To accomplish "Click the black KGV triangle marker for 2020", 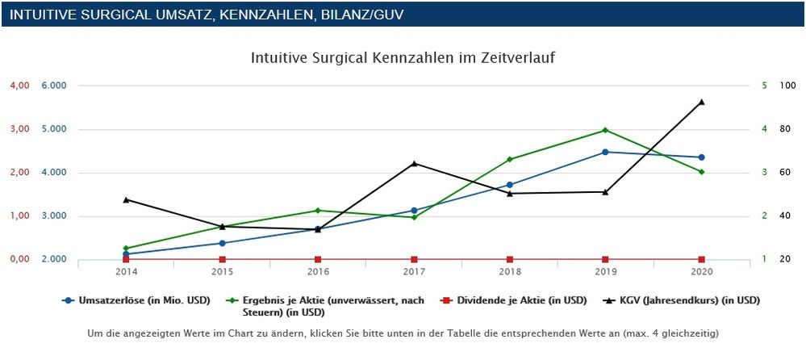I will (701, 102).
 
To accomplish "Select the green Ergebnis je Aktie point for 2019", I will (605, 130).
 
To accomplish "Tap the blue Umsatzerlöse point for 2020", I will (701, 157).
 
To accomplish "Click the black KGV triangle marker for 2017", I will (414, 164).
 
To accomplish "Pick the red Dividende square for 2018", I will (510, 259).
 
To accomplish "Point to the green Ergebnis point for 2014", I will (126, 248).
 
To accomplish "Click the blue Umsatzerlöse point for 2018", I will (510, 185).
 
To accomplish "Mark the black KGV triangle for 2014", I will (126, 199).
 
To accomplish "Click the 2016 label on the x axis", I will (318, 272).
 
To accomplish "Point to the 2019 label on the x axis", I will (605, 272).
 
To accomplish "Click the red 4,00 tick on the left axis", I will (19, 86).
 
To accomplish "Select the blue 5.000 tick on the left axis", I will (54, 129).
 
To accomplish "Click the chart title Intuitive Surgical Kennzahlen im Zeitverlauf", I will (403, 58).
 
